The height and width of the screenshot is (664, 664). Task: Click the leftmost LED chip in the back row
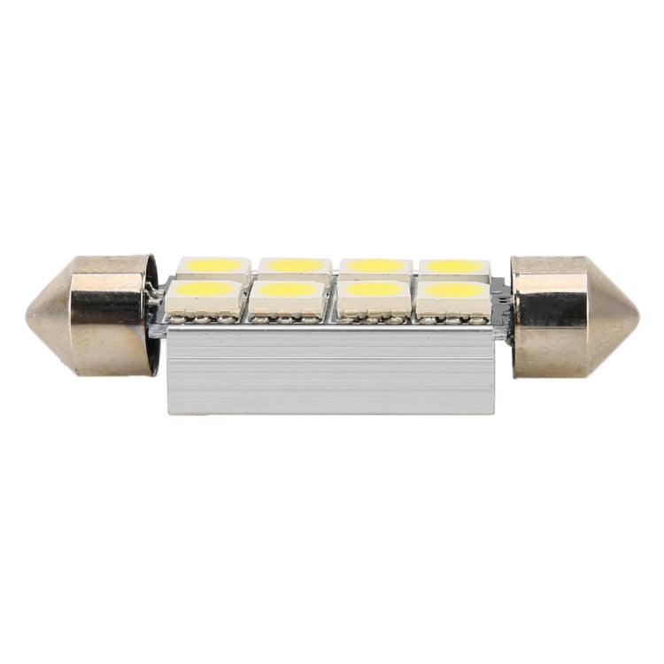pos(213,266)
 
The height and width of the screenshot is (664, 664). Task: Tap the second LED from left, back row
pos(295,266)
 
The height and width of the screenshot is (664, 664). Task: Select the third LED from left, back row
pos(375,266)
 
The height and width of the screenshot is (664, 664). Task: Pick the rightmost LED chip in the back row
pos(454,266)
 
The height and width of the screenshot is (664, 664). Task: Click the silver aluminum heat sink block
pos(329,372)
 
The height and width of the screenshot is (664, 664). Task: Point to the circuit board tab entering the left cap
pos(159,306)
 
